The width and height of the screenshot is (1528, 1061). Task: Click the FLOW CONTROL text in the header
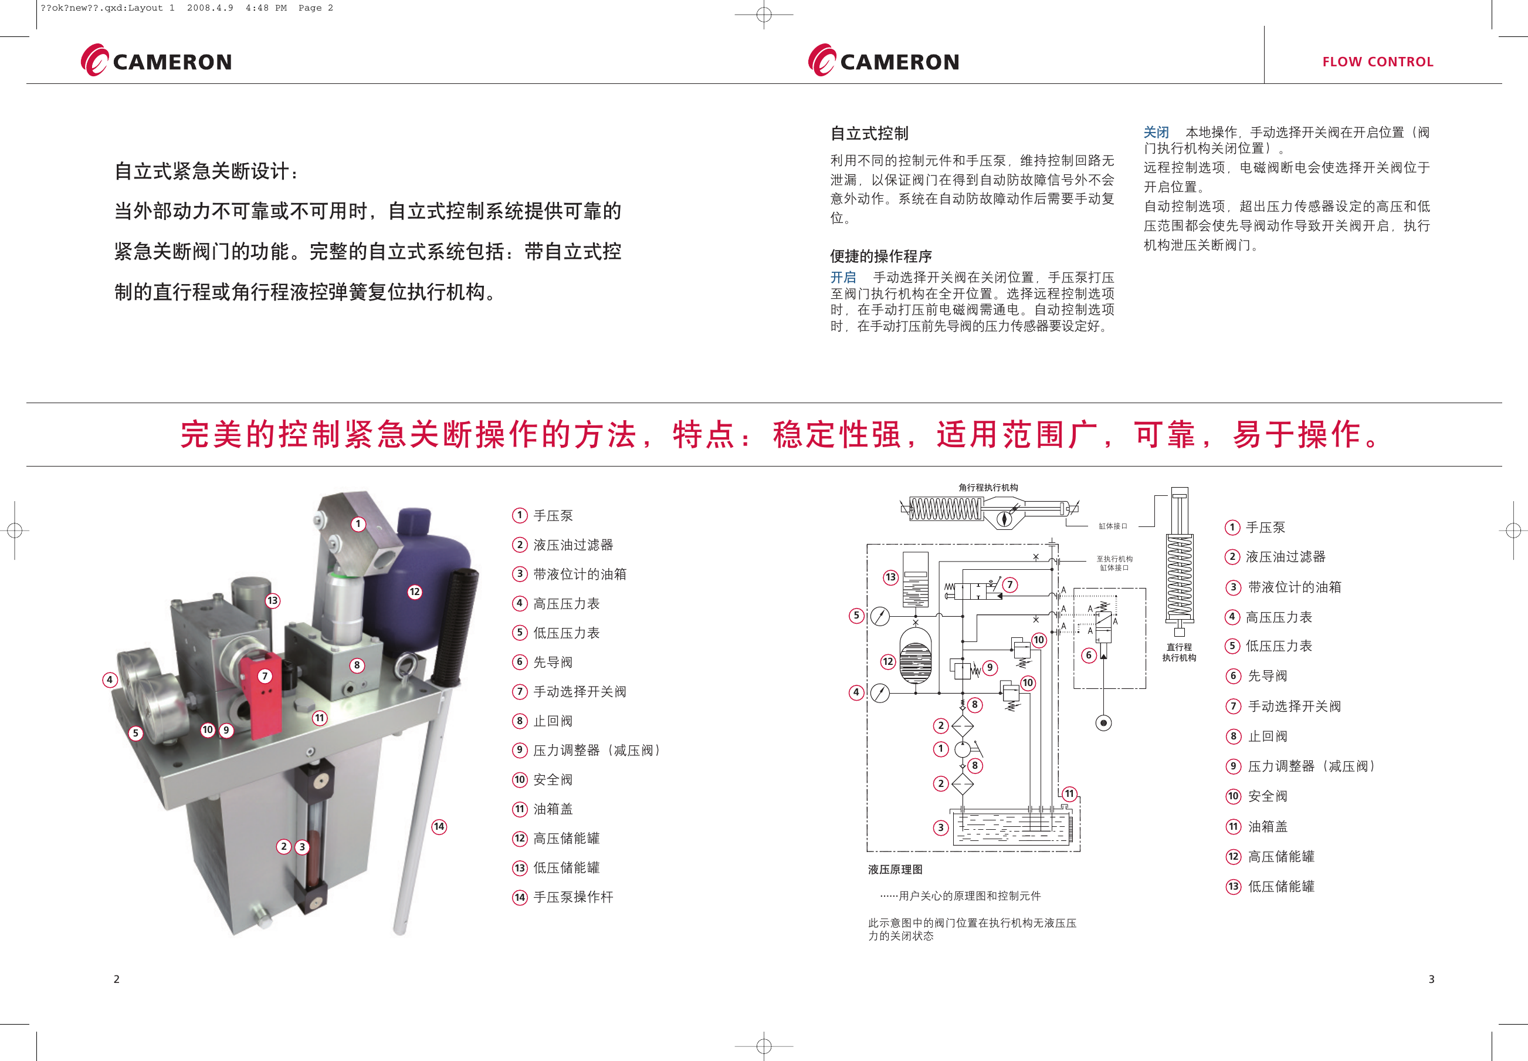tap(1377, 62)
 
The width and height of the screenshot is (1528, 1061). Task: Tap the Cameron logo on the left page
tap(157, 61)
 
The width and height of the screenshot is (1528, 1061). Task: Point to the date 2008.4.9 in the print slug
tap(210, 8)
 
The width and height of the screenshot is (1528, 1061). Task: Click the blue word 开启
tap(842, 277)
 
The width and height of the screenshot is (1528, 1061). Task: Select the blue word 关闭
tap(1156, 132)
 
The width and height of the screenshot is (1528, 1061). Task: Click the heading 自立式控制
tap(869, 134)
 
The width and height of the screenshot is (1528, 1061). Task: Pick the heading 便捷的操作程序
tap(880, 256)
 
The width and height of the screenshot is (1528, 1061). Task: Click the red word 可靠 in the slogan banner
tap(1166, 435)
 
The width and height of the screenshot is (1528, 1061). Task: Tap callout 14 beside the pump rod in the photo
tap(439, 826)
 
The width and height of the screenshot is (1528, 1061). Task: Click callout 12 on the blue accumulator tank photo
tap(415, 592)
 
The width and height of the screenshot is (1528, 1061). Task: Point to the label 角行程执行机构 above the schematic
tap(988, 487)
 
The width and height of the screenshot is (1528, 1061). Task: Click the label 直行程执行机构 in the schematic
tap(1178, 652)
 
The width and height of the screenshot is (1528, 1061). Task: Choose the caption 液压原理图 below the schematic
tap(895, 870)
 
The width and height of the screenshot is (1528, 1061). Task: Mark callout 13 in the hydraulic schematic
tap(890, 577)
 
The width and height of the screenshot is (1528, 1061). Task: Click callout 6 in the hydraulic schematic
tap(1088, 655)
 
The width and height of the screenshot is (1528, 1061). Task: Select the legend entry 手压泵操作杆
tap(572, 897)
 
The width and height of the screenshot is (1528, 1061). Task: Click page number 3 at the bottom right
tap(1431, 979)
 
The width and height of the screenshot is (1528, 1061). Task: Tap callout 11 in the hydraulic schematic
tap(1069, 794)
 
